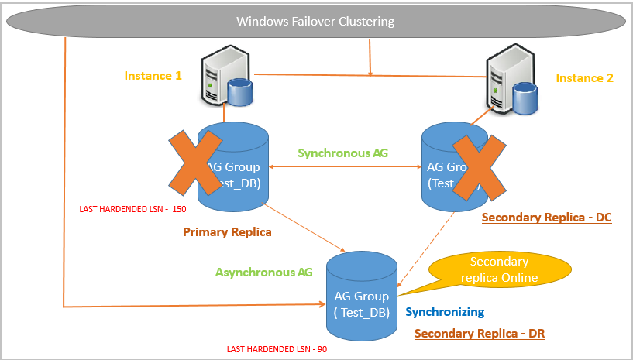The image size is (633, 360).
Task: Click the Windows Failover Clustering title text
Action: [315, 22]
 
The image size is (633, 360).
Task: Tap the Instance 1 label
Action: [153, 76]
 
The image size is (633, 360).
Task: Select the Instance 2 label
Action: [585, 77]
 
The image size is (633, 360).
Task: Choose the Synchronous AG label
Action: [344, 153]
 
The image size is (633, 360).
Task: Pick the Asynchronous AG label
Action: [265, 272]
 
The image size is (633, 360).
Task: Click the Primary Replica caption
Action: [227, 231]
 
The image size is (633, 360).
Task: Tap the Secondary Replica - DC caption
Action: [546, 218]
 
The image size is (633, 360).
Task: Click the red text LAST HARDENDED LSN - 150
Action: [132, 209]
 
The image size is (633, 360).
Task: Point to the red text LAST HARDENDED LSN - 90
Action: [277, 349]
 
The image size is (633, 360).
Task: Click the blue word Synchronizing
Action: [444, 312]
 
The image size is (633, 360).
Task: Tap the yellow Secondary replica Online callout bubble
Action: [498, 269]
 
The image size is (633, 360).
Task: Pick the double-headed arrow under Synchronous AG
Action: [345, 165]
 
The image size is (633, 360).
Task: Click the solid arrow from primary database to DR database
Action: [306, 228]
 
